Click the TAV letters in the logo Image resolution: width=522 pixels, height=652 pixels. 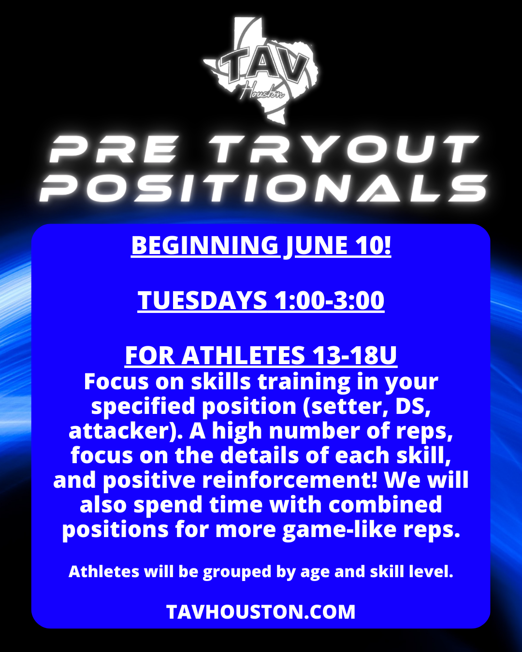[262, 67]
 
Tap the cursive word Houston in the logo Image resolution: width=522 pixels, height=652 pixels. [262, 91]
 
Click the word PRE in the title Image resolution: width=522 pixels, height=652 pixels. [113, 149]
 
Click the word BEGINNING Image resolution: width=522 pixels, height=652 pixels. [205, 245]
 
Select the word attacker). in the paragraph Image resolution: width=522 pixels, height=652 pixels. [125, 431]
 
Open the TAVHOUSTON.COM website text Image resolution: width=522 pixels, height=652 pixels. [261, 611]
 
